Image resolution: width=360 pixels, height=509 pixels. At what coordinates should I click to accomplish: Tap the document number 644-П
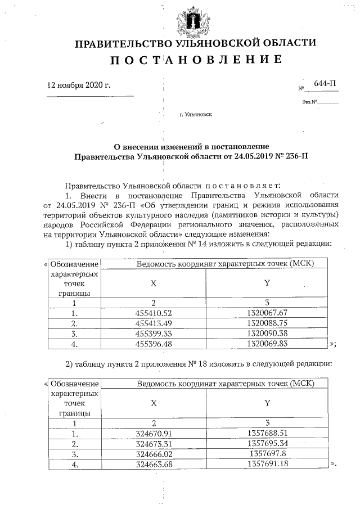point(325,84)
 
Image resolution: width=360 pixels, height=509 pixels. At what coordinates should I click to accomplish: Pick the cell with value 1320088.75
point(267,323)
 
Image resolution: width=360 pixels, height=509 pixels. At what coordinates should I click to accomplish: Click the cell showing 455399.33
point(153,333)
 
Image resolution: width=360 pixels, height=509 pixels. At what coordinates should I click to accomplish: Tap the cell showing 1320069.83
point(267,343)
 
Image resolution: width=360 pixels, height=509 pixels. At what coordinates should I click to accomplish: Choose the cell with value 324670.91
point(153,434)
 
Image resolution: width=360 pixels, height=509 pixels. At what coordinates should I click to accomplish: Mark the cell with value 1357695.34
point(267,444)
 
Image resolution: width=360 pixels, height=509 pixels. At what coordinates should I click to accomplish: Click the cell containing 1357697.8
point(267,454)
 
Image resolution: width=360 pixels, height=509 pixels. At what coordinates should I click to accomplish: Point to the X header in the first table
point(153,283)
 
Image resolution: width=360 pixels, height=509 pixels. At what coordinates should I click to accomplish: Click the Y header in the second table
point(267,404)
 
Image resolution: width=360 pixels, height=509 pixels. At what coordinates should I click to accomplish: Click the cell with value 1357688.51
point(267,434)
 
